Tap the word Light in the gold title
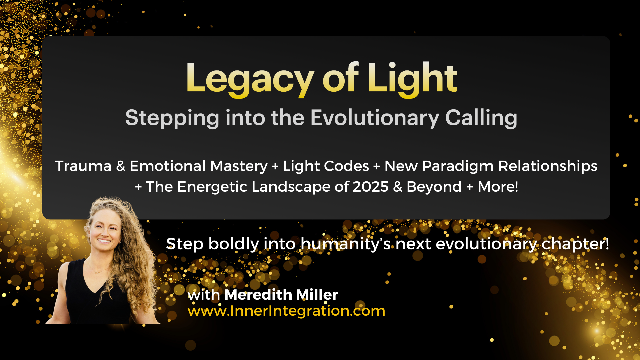click(413, 79)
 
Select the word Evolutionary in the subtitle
click(375, 118)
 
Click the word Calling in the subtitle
click(481, 118)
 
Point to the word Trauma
click(83, 166)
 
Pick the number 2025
click(371, 187)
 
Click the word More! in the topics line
click(498, 187)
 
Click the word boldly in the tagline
click(234, 244)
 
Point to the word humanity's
click(346, 244)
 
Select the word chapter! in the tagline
click(575, 244)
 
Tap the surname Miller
click(317, 295)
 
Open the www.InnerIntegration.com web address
click(286, 311)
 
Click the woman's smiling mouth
click(104, 241)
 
